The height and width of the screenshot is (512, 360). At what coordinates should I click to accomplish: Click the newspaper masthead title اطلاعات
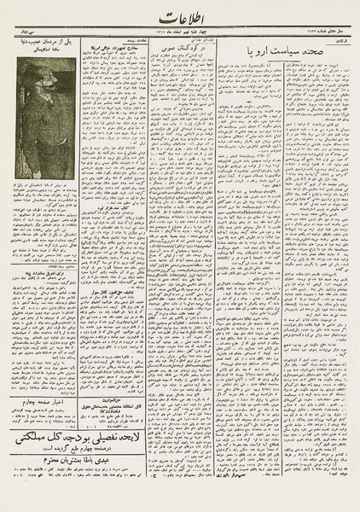click(180, 22)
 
